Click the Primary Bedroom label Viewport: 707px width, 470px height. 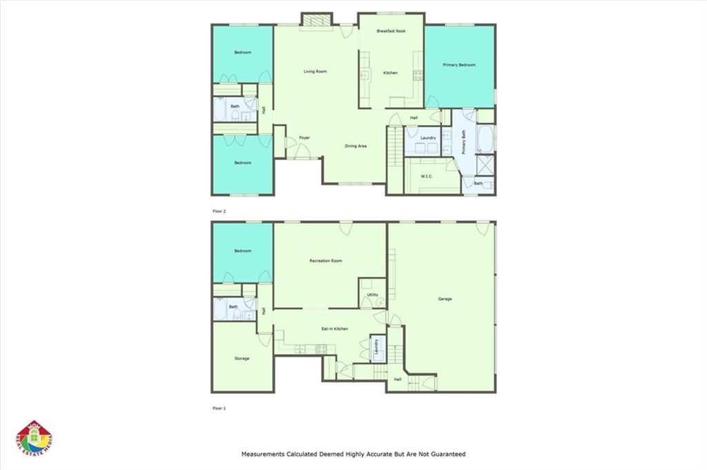point(459,65)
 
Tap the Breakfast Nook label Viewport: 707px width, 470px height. point(391,32)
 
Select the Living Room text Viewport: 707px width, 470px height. point(316,71)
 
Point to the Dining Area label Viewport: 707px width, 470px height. point(356,146)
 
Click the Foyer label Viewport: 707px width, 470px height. point(304,138)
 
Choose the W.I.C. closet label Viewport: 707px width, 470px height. point(427,177)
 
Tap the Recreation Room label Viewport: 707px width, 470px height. point(326,261)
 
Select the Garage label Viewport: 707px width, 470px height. point(445,299)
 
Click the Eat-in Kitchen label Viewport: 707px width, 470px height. point(335,329)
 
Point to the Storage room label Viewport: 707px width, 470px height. point(242,358)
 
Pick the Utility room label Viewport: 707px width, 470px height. point(372,295)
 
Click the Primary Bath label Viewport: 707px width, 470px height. point(465,142)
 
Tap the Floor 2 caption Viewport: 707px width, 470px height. point(219,210)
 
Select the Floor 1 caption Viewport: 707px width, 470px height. point(219,409)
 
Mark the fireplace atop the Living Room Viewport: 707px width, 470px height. point(317,21)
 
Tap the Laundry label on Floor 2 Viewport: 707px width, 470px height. point(428,138)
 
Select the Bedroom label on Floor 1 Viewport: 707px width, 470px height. point(242,251)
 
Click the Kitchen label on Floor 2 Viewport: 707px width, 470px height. point(391,72)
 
